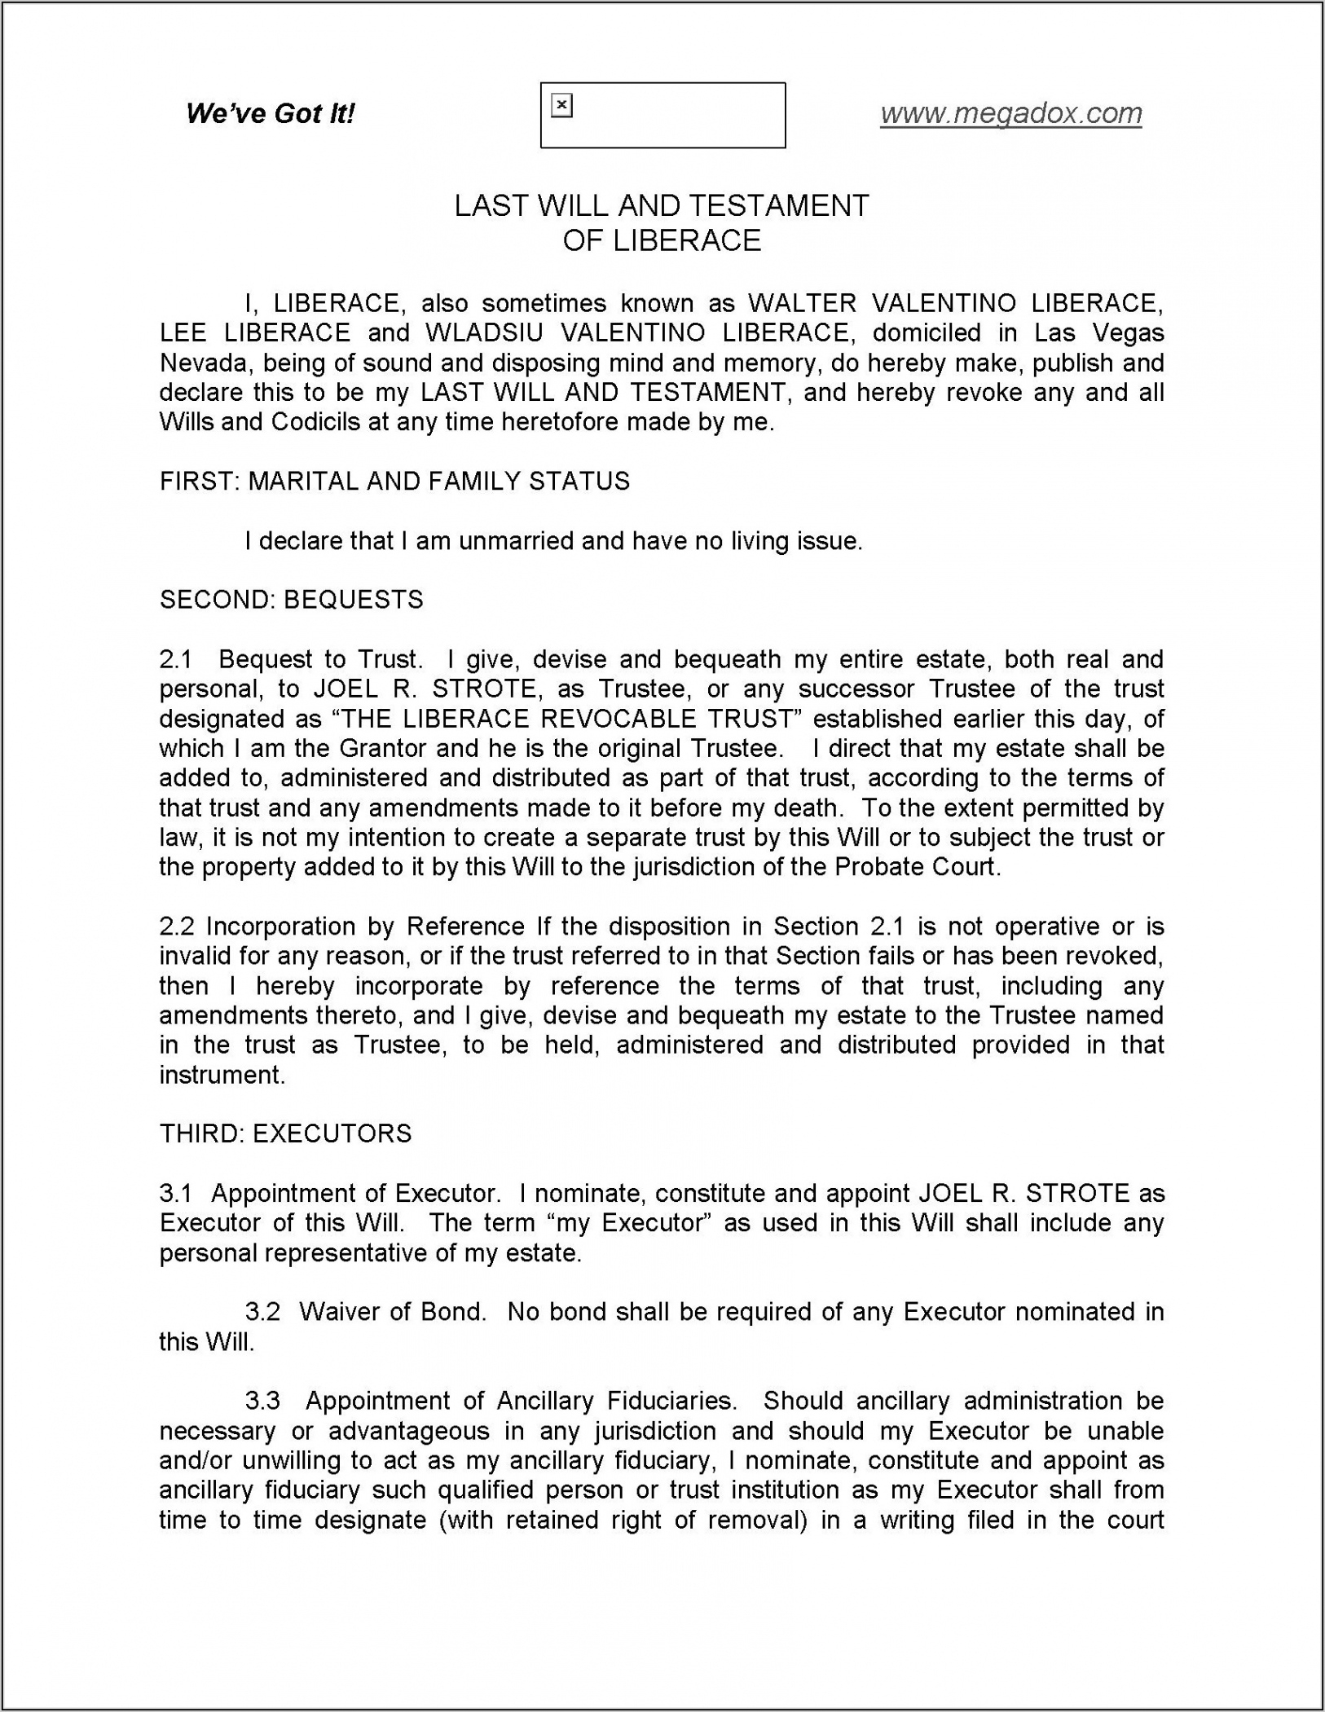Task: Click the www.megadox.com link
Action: pos(1010,113)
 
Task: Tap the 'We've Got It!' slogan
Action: pos(270,113)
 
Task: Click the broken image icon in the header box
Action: pos(561,106)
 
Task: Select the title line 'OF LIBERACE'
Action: pos(662,241)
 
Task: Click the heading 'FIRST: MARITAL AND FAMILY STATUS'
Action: pos(394,482)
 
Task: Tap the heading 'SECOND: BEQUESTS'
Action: pos(291,601)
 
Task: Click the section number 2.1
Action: pos(175,659)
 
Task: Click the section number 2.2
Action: pos(177,926)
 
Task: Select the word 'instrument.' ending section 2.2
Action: pos(222,1076)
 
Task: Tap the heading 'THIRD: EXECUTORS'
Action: pos(285,1134)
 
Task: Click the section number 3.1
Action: pos(175,1194)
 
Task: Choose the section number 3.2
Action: pos(262,1312)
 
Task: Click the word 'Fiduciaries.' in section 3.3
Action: pos(672,1401)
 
